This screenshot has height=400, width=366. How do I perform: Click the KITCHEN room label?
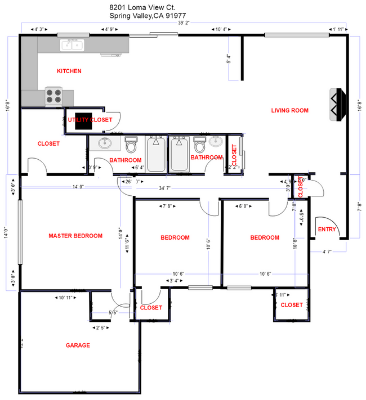pyautogui.click(x=69, y=71)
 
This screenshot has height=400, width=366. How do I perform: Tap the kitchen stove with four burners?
pyautogui.click(x=53, y=96)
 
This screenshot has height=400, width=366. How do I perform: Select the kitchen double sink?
pyautogui.click(x=72, y=44)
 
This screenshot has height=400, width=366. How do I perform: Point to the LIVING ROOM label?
pyautogui.click(x=289, y=111)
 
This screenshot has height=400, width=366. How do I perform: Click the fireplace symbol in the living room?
pyautogui.click(x=336, y=104)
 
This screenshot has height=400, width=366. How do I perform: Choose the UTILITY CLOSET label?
pyautogui.click(x=90, y=120)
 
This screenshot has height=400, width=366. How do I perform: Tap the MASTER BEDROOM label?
pyautogui.click(x=75, y=236)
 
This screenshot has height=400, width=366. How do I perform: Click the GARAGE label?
pyautogui.click(x=78, y=345)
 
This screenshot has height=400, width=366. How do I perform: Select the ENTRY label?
pyautogui.click(x=327, y=230)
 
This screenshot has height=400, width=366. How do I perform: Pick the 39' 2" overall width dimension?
pyautogui.click(x=184, y=23)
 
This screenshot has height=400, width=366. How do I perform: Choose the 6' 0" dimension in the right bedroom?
pyautogui.click(x=244, y=206)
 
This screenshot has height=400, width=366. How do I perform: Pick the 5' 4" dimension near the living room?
pyautogui.click(x=229, y=59)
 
